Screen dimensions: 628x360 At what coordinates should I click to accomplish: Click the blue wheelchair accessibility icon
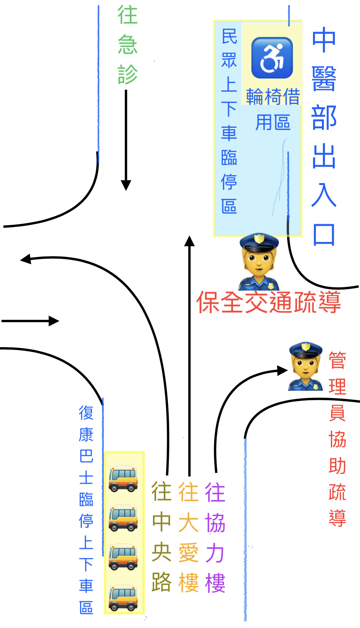272,58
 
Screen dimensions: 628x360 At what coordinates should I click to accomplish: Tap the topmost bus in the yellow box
123,478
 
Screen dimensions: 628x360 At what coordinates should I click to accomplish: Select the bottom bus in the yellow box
123,598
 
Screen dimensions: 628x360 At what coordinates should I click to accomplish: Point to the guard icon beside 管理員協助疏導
306,366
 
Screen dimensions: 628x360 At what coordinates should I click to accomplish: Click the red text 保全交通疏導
268,302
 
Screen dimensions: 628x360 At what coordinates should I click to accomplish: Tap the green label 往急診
127,45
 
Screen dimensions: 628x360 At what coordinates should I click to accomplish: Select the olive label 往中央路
162,536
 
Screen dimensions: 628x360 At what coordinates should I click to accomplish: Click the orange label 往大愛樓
188,536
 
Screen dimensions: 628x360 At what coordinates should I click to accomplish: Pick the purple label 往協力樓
215,536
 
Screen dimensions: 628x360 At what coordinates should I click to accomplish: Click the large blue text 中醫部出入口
324,136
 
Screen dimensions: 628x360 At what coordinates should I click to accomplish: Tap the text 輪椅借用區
273,109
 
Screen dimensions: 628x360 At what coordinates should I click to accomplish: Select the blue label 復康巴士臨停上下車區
86,509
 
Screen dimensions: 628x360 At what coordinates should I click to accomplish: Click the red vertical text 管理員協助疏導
337,439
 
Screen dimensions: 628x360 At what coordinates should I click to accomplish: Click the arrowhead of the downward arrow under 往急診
126,185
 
